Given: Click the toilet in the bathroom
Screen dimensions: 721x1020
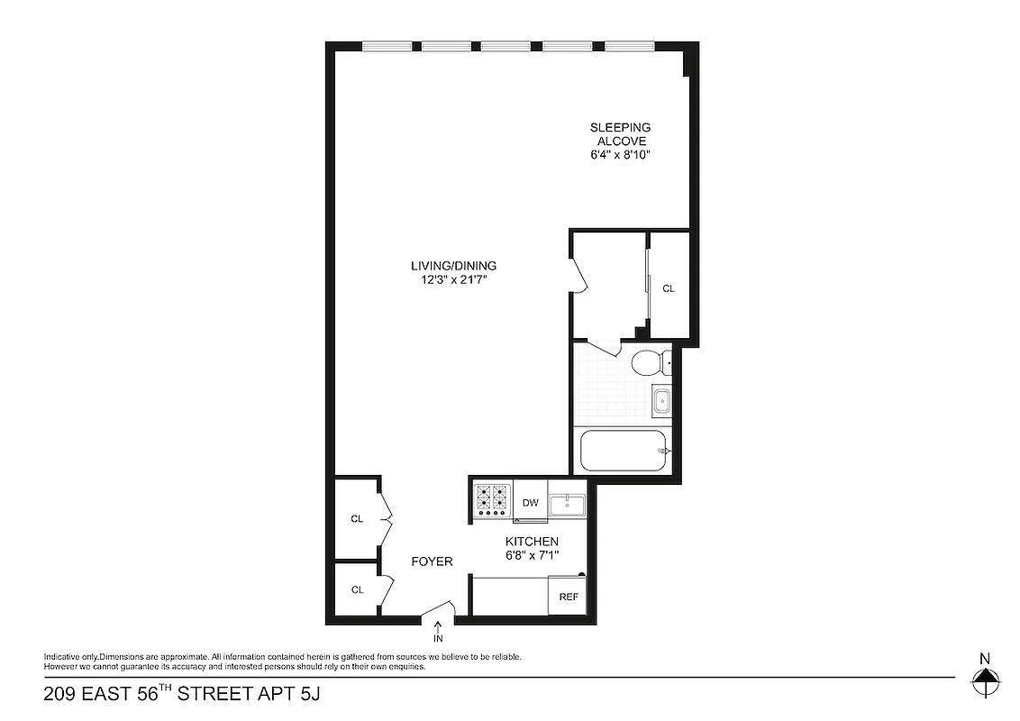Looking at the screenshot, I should point(648,363).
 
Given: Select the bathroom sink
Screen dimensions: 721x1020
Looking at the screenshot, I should point(660,399).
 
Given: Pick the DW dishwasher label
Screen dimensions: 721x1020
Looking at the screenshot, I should point(531,504).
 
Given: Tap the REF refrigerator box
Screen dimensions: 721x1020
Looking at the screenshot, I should point(569,597).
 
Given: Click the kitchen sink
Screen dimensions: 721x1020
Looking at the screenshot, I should point(568,505).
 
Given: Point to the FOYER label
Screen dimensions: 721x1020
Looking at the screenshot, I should point(432,561).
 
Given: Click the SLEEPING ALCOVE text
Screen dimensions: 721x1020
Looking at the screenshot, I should point(620,134).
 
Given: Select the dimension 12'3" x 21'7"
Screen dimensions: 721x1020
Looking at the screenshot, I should point(453,279).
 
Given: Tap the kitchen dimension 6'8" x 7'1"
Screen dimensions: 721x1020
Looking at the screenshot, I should point(532,554).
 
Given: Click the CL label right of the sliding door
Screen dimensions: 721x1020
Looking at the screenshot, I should point(669,288).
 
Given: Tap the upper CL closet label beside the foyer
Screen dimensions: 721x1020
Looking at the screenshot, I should point(357,519).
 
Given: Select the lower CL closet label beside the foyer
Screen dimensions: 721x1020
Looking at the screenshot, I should point(357,589).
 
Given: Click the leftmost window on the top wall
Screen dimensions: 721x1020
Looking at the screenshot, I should point(387,46).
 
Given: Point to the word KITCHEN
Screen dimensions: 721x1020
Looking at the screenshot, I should point(532,541).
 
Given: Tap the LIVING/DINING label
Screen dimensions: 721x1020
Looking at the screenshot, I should point(453,266).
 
